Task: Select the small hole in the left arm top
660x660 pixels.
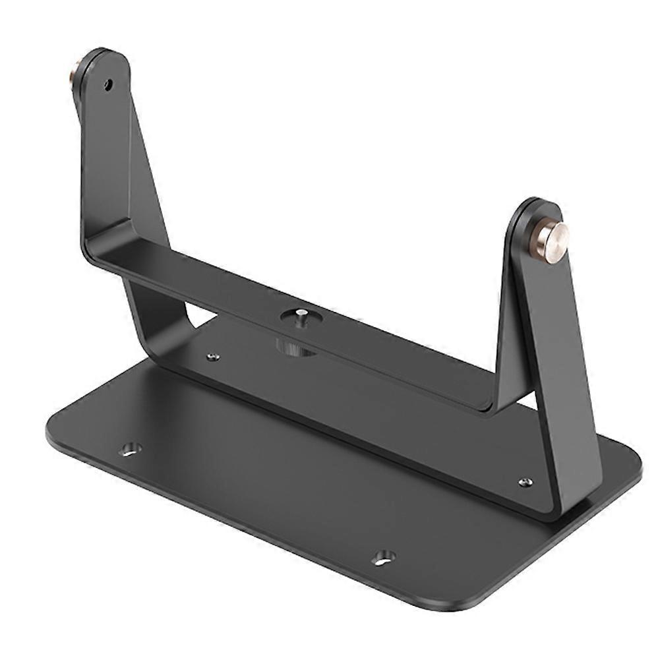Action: coord(108,84)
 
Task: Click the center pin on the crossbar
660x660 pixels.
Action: coord(301,315)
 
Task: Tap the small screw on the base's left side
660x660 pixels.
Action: coord(212,357)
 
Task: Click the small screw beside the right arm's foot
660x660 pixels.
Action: coord(525,482)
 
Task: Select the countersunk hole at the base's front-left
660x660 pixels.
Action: coord(130,449)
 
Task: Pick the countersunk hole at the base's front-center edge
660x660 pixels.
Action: coord(383,558)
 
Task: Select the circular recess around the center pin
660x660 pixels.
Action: coord(301,318)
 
